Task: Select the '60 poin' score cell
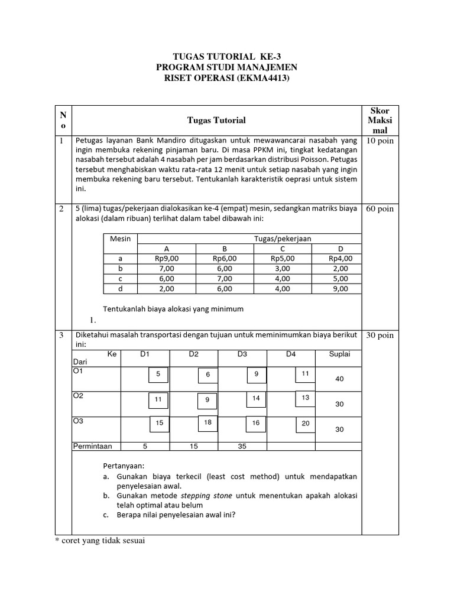pos(380,209)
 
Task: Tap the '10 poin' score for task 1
pos(380,141)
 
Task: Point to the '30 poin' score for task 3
pos(380,335)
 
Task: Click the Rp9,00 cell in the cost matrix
pos(166,258)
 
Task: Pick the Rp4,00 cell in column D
pos(340,258)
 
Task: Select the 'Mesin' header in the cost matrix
pos(120,238)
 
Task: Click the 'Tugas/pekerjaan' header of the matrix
pos(282,238)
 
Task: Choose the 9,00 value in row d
pos(340,289)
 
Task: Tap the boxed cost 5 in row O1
pos(158,375)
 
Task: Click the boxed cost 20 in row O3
pos(305,423)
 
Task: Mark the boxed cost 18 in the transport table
pos(207,423)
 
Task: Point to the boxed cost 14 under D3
pos(256,399)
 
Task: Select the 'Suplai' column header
pos(339,354)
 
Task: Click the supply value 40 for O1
pos(339,379)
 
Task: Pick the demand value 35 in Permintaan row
pos(242,447)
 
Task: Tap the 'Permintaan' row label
pos(92,447)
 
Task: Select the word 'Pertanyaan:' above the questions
pos(124,466)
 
